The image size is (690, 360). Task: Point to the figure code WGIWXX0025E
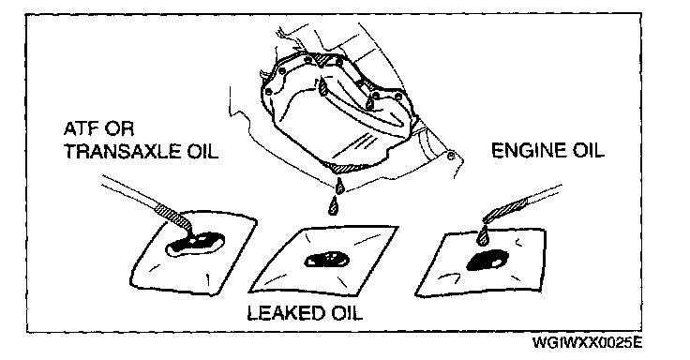[587, 343]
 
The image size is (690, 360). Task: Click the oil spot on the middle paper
[327, 260]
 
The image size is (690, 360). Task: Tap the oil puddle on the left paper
[195, 244]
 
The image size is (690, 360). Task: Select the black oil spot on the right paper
[487, 261]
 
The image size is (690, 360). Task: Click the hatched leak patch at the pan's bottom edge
[345, 167]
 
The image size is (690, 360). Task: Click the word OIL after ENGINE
[588, 151]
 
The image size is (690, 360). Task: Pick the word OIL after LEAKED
[346, 313]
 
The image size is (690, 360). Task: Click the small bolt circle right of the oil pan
[451, 156]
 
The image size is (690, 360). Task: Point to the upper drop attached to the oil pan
[340, 185]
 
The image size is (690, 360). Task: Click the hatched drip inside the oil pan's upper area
[324, 86]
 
